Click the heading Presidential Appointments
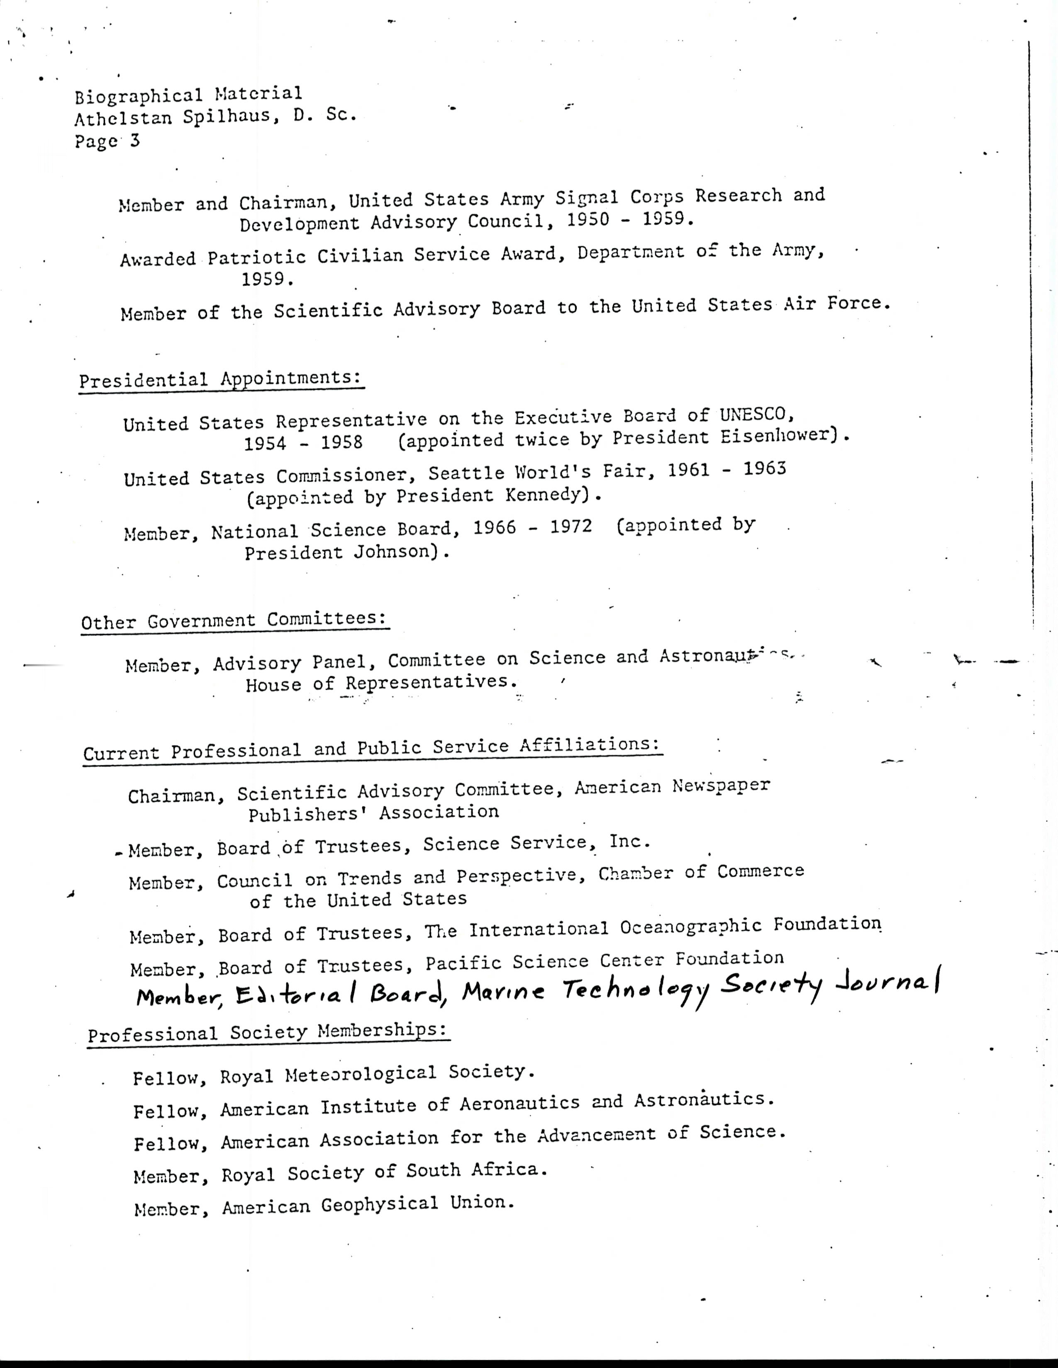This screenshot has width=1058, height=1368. click(221, 380)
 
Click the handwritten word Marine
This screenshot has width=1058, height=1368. click(503, 991)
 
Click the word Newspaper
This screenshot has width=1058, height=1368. click(721, 786)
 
